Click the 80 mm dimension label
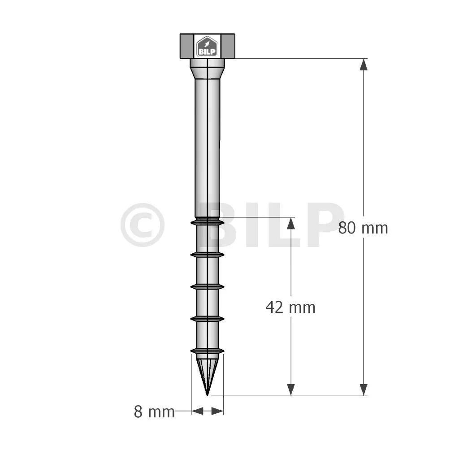tap(363, 228)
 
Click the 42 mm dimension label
tap(290, 307)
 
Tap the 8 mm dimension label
tap(154, 411)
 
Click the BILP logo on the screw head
tap(207, 46)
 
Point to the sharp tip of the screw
tap(207, 395)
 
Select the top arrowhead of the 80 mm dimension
tap(364, 65)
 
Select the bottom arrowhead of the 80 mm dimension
tap(364, 390)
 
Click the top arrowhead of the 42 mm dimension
tap(290, 223)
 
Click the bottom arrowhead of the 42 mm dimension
tap(290, 390)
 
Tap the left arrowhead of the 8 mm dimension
tap(197, 411)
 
